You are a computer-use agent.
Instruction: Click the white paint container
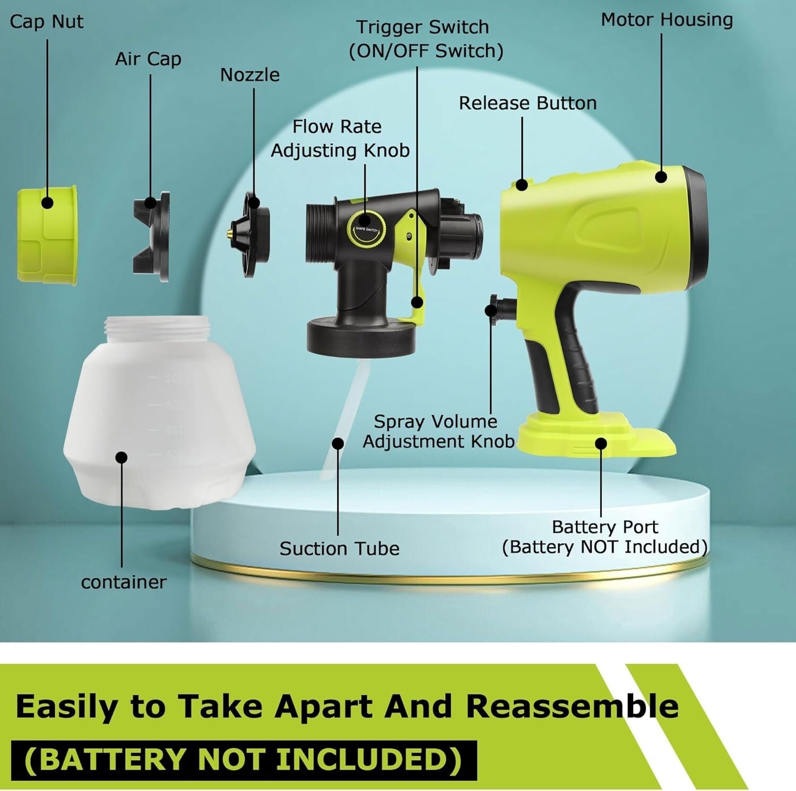tap(159, 419)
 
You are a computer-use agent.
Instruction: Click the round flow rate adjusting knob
tap(366, 229)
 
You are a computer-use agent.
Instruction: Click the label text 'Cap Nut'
tap(47, 22)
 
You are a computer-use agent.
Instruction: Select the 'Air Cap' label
tap(148, 59)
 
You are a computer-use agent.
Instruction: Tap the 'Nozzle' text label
tap(249, 75)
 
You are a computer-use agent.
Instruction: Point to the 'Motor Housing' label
tap(667, 20)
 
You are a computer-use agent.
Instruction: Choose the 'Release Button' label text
tap(527, 103)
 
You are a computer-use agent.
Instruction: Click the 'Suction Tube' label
tap(339, 549)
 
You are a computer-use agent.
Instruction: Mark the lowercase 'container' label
tap(124, 582)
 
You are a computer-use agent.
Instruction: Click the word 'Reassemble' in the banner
tap(572, 706)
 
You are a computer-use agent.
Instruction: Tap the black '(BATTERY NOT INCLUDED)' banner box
tap(244, 759)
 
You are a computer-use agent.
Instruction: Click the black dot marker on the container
tap(122, 457)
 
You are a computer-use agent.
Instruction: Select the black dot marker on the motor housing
tap(661, 177)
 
